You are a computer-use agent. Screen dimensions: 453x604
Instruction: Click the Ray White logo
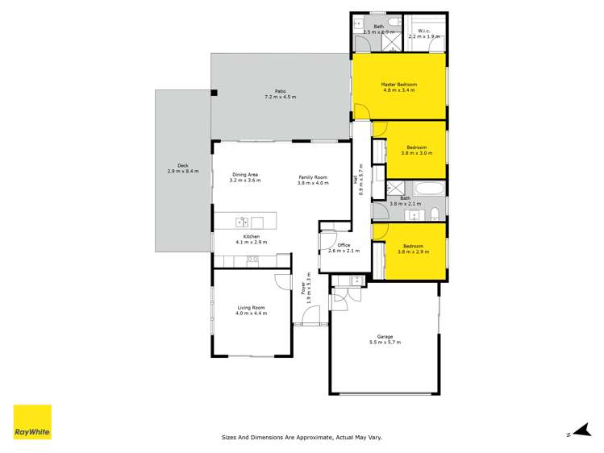(x=32, y=422)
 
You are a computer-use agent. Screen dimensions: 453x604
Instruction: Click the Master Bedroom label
(x=398, y=85)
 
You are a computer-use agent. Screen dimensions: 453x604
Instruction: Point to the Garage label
(x=384, y=337)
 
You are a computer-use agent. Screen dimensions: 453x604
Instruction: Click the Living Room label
(x=252, y=307)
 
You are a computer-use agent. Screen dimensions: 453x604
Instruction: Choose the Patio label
(x=280, y=91)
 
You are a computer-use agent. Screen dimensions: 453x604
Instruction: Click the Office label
(x=343, y=245)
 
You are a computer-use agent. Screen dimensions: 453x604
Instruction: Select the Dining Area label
(x=245, y=175)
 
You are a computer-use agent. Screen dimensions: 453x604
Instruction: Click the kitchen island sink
(x=241, y=222)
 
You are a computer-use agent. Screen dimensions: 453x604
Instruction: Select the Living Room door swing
(x=283, y=282)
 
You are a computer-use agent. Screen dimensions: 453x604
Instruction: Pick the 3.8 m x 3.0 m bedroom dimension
(x=416, y=153)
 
